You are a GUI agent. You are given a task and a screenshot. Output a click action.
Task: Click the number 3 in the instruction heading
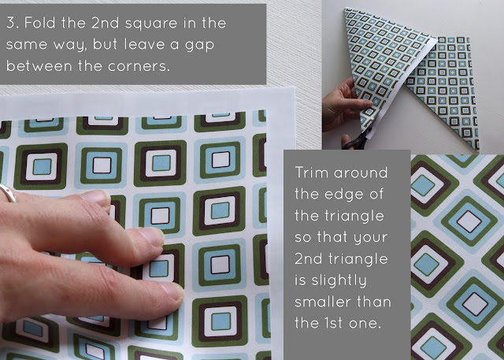coord(10,23)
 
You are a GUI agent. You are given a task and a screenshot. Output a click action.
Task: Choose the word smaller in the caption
coord(322,302)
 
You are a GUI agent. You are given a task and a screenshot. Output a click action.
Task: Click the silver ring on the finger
coord(8,193)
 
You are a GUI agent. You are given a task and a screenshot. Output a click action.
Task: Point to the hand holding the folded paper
coord(344,106)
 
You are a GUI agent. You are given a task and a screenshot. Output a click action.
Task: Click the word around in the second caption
coord(361,173)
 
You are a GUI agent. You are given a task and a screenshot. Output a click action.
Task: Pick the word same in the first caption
coord(27,45)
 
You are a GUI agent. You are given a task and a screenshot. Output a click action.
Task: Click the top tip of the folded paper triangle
coord(345,9)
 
